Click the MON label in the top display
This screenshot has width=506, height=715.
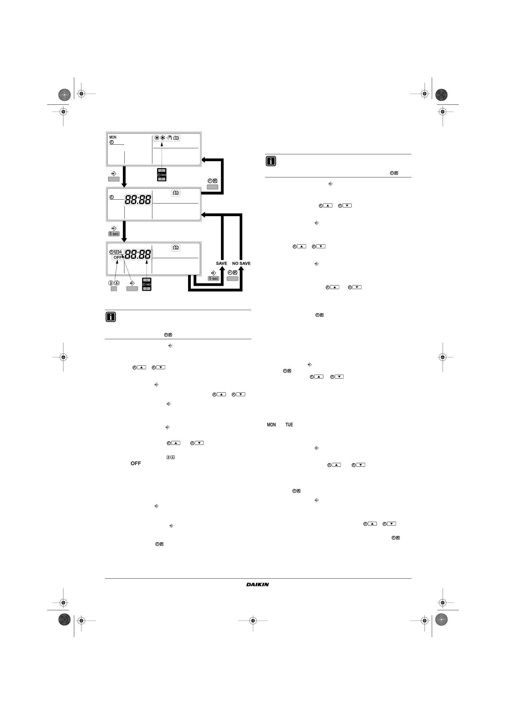(113, 137)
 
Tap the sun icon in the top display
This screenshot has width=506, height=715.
(157, 138)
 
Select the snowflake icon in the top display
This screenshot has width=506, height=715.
(163, 138)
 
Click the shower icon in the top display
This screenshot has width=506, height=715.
(169, 138)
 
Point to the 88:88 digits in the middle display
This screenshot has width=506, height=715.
(138, 200)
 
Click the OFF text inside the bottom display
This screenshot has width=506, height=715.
(117, 257)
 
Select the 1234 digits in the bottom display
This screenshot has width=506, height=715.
(117, 252)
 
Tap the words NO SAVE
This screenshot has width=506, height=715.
(241, 264)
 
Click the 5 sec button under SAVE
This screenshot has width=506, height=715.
(214, 278)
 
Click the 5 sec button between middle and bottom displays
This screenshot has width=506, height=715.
(114, 234)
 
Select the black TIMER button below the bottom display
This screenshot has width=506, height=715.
(147, 284)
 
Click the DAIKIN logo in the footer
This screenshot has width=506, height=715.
(258, 584)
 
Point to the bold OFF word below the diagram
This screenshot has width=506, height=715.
(136, 463)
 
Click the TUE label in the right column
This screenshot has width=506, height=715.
(289, 425)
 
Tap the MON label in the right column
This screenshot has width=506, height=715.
(271, 425)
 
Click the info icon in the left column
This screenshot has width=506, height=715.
(111, 317)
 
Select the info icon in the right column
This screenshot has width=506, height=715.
(271, 161)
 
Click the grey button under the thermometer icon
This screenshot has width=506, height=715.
(114, 289)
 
